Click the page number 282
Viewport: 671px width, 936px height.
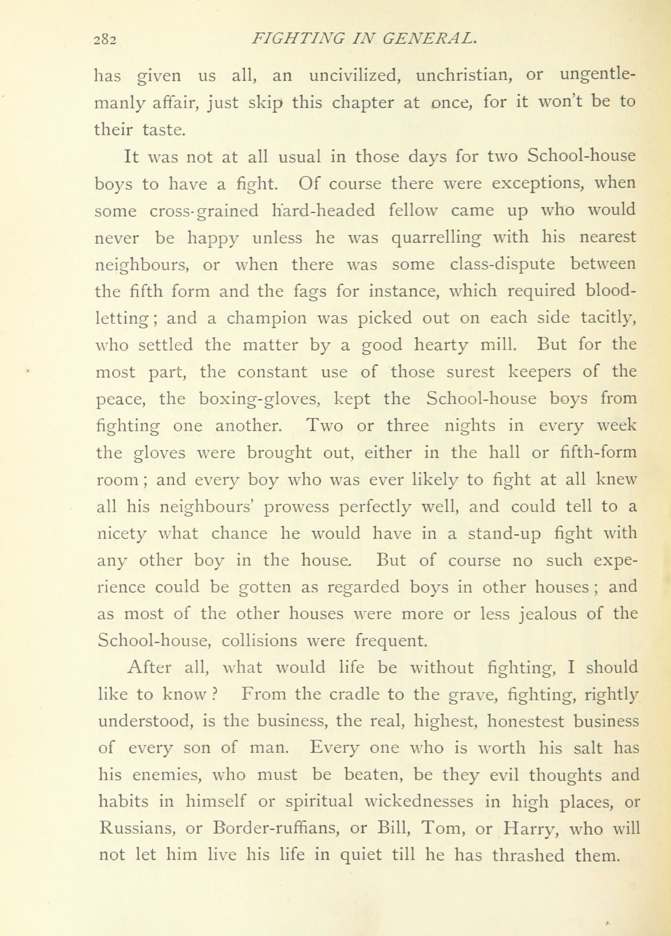pyautogui.click(x=105, y=41)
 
